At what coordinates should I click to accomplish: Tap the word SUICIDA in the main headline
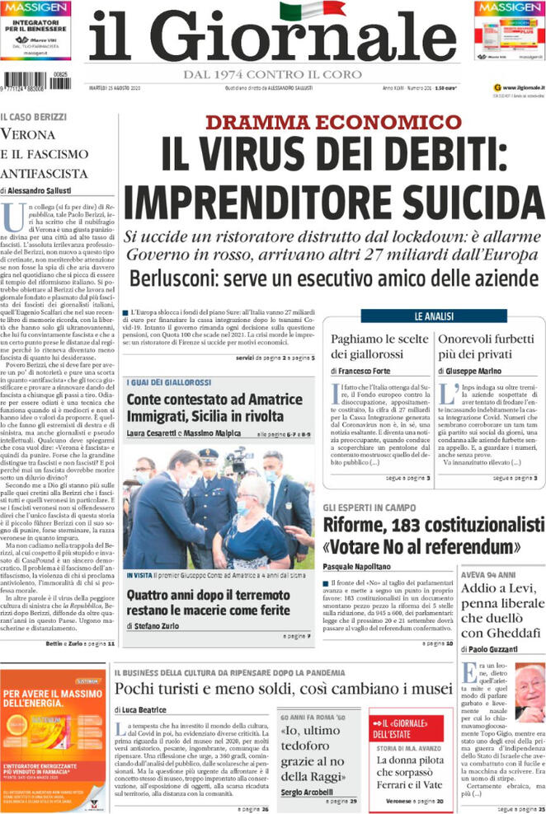coord(456,202)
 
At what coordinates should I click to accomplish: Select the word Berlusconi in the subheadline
coord(175,278)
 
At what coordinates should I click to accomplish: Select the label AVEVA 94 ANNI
coord(488,574)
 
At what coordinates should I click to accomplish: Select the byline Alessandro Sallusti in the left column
coord(49,190)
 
